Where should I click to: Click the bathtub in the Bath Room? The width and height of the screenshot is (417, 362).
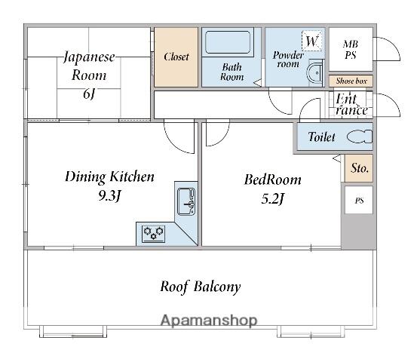pyautogui.click(x=228, y=42)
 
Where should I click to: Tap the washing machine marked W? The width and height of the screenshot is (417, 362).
pyautogui.click(x=311, y=41)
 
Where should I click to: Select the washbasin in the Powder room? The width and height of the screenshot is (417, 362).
pyautogui.click(x=314, y=72)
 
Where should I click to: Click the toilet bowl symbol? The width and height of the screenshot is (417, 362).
pyautogui.click(x=360, y=137)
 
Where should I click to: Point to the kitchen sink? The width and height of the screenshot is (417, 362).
pyautogui.click(x=186, y=201)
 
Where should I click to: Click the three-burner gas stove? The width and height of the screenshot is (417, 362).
pyautogui.click(x=153, y=234)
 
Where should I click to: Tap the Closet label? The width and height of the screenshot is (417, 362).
pyautogui.click(x=176, y=57)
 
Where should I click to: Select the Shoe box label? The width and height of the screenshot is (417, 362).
pyautogui.click(x=351, y=81)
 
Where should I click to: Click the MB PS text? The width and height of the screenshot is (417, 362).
pyautogui.click(x=351, y=50)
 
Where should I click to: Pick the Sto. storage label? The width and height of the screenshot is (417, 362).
pyautogui.click(x=360, y=168)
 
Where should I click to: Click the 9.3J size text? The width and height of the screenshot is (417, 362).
pyautogui.click(x=109, y=196)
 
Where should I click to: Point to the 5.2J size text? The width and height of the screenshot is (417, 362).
pyautogui.click(x=273, y=199)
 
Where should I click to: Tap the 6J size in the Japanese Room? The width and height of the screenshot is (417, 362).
pyautogui.click(x=89, y=94)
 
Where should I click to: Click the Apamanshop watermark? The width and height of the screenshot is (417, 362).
pyautogui.click(x=209, y=321)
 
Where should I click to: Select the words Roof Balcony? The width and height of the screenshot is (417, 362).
pyautogui.click(x=201, y=287)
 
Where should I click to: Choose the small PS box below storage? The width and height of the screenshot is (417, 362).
pyautogui.click(x=359, y=200)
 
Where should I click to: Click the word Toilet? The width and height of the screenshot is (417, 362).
pyautogui.click(x=321, y=137)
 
